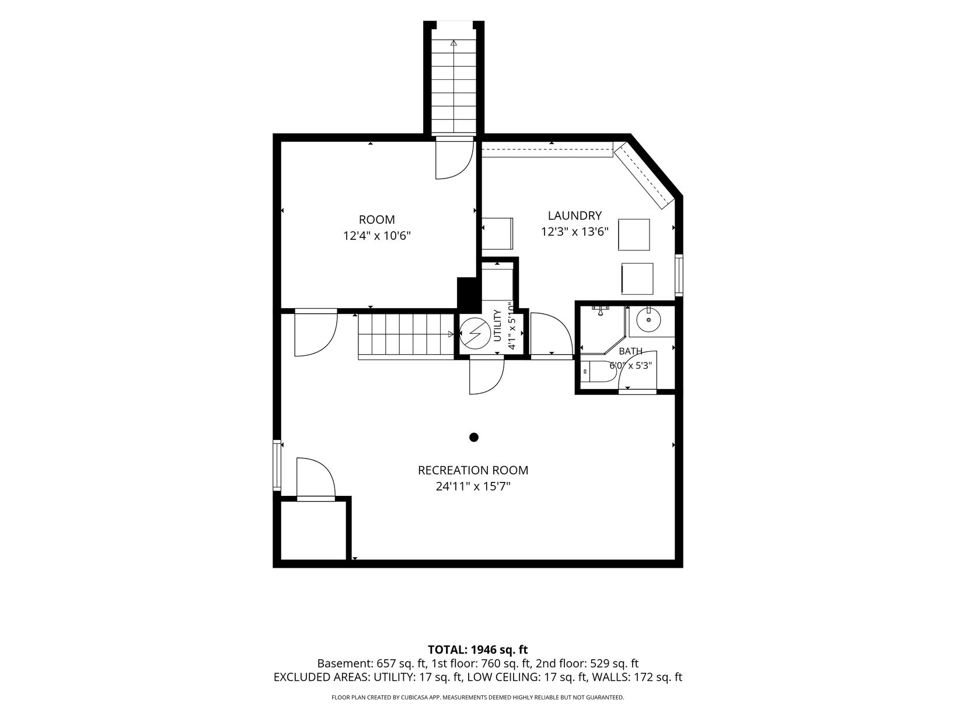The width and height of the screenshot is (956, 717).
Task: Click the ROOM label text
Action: pyautogui.click(x=376, y=219)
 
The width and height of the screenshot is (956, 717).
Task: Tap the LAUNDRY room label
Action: pyautogui.click(x=574, y=215)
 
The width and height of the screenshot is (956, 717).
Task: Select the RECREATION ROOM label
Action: pyautogui.click(x=473, y=470)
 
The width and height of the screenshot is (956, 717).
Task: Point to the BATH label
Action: pyautogui.click(x=630, y=351)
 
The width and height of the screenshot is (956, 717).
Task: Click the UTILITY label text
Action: pyautogui.click(x=498, y=325)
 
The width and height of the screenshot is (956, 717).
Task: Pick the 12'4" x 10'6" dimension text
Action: pyautogui.click(x=376, y=236)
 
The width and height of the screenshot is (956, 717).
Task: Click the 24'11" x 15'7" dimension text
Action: pyautogui.click(x=473, y=487)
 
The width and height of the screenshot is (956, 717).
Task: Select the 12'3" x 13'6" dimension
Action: pyautogui.click(x=574, y=232)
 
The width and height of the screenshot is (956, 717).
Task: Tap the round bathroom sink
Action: pyautogui.click(x=648, y=319)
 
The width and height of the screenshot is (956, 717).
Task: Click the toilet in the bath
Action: pyautogui.click(x=597, y=372)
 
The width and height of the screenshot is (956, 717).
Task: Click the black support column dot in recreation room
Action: pyautogui.click(x=474, y=438)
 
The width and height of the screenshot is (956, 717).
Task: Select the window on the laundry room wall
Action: pyautogui.click(x=679, y=275)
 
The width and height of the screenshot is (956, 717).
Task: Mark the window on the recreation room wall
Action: pyautogui.click(x=277, y=466)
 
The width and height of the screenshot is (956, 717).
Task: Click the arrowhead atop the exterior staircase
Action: pyautogui.click(x=453, y=43)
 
